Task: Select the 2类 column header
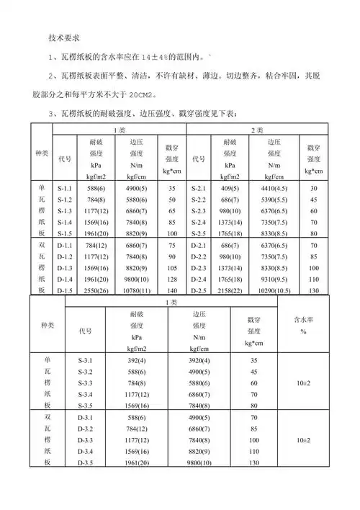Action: (x=257, y=130)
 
